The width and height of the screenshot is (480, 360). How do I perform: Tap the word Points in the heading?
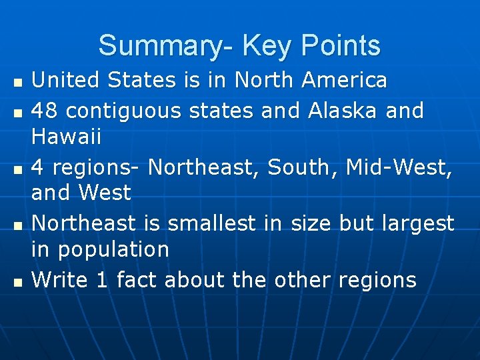341,46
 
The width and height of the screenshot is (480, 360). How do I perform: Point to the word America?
344,81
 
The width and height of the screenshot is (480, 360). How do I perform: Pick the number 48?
45,110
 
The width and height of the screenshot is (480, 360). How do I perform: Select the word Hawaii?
67,138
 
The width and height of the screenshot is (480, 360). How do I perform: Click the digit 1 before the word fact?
102,280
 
